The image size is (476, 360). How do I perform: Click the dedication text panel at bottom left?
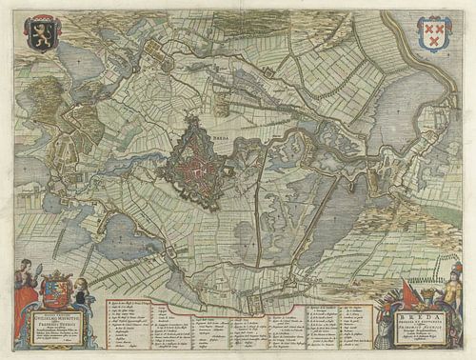click(56, 324)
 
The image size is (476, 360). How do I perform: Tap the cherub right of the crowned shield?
click(81, 290)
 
